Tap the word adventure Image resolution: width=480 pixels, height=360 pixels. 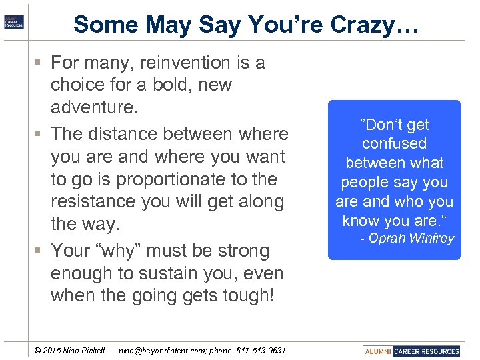click(x=91, y=107)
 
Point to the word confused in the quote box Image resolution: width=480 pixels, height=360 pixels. click(x=394, y=143)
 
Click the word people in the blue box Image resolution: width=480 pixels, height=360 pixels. click(x=365, y=182)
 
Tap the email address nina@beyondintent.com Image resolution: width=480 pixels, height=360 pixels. click(x=160, y=351)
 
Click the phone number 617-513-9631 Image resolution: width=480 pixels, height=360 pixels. click(x=261, y=351)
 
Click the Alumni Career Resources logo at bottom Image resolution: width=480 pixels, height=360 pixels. click(x=411, y=351)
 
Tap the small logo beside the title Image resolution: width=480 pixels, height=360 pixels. click(x=14, y=21)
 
